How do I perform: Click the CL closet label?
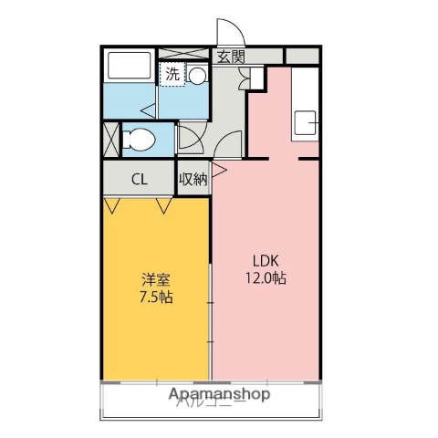click(x=139, y=179)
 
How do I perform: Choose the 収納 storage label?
click(x=193, y=179)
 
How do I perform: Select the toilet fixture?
click(x=137, y=140)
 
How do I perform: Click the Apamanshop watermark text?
click(x=219, y=395)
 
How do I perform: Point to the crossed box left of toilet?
click(x=110, y=140)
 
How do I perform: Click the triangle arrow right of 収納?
click(x=218, y=168)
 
